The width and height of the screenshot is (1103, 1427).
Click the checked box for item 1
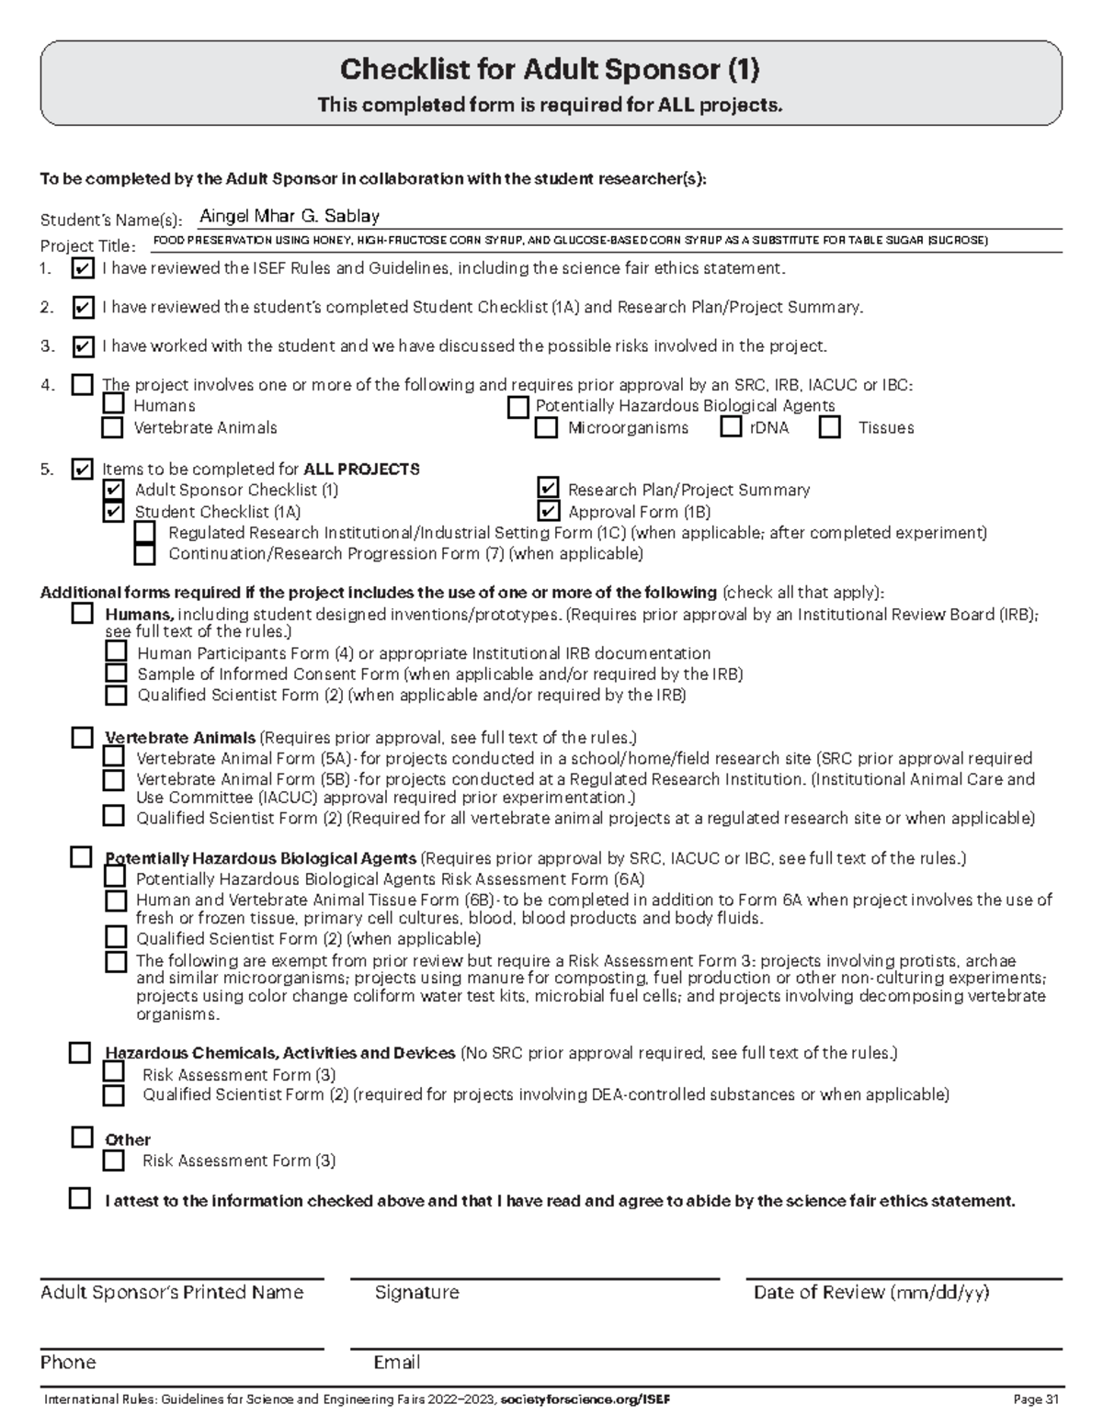pyautogui.click(x=82, y=269)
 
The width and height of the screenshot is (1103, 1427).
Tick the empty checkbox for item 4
pyautogui.click(x=82, y=385)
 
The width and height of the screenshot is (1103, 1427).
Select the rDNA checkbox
pyautogui.click(x=731, y=427)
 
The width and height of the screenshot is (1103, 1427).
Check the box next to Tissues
pyautogui.click(x=830, y=427)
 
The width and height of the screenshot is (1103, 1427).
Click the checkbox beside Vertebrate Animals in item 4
pyautogui.click(x=112, y=427)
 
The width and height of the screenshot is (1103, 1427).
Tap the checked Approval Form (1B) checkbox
pyautogui.click(x=548, y=511)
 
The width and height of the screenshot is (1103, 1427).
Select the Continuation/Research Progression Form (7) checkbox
pyautogui.click(x=145, y=554)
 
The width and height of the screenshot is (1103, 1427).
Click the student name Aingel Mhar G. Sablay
pyautogui.click(x=290, y=217)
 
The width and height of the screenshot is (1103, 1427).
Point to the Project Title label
pyautogui.click(x=87, y=246)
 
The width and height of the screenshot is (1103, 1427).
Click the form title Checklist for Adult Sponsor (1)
pyautogui.click(x=550, y=69)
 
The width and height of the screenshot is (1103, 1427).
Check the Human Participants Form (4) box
pyautogui.click(x=116, y=652)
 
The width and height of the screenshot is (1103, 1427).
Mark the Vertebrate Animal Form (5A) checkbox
pyautogui.click(x=113, y=757)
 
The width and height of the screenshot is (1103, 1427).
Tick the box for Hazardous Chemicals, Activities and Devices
pyautogui.click(x=80, y=1053)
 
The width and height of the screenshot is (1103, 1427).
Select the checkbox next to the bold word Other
pyautogui.click(x=82, y=1138)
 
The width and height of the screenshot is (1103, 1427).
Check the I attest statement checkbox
pyautogui.click(x=80, y=1199)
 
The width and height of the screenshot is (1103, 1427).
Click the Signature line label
pyautogui.click(x=416, y=1293)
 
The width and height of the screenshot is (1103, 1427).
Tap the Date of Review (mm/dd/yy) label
pyautogui.click(x=870, y=1293)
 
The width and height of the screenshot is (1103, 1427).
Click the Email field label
pyautogui.click(x=396, y=1362)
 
